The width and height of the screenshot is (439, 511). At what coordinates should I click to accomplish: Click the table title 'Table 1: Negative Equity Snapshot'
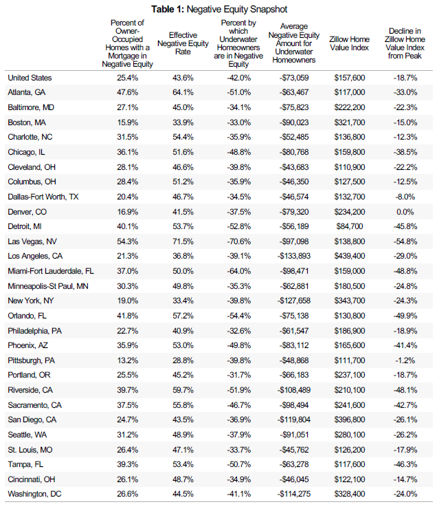pyautogui.click(x=219, y=9)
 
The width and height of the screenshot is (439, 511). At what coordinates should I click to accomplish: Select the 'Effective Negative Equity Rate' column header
pyautogui.click(x=183, y=43)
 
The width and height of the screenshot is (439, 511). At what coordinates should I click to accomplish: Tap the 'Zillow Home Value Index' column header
pyautogui.click(x=349, y=43)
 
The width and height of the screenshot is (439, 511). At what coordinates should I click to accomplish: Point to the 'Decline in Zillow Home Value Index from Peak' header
pyautogui.click(x=405, y=43)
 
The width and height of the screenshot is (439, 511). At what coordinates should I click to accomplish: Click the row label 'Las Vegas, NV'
pyautogui.click(x=32, y=241)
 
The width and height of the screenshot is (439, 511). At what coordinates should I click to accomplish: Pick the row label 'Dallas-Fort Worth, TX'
pyautogui.click(x=43, y=197)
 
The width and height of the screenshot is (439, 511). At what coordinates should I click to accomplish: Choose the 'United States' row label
pyautogui.click(x=30, y=78)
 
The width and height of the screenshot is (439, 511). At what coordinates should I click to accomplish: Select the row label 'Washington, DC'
pyautogui.click(x=34, y=494)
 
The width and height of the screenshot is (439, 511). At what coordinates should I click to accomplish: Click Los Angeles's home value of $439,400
pyautogui.click(x=350, y=256)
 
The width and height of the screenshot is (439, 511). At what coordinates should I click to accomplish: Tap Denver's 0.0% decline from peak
pyautogui.click(x=405, y=212)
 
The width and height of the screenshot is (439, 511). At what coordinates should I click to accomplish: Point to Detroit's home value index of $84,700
pyautogui.click(x=350, y=226)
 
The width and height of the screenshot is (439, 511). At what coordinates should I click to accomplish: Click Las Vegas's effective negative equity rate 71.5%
pyautogui.click(x=183, y=241)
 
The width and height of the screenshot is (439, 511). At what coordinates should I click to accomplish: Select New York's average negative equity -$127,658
pyautogui.click(x=294, y=301)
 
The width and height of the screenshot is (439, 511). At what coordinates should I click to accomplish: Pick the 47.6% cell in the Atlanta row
pyautogui.click(x=128, y=93)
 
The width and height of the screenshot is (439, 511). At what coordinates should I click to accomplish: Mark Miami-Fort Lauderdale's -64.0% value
pyautogui.click(x=239, y=271)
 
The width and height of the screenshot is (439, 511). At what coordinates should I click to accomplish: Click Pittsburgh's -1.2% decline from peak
pyautogui.click(x=405, y=360)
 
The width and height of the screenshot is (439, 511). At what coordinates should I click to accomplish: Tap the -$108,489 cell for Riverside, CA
pyautogui.click(x=294, y=390)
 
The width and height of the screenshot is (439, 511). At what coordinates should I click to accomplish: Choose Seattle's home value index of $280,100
pyautogui.click(x=350, y=435)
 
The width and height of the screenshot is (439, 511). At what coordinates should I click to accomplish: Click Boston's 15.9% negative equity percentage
pyautogui.click(x=128, y=122)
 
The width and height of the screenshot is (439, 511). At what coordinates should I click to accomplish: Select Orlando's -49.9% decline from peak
pyautogui.click(x=405, y=316)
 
